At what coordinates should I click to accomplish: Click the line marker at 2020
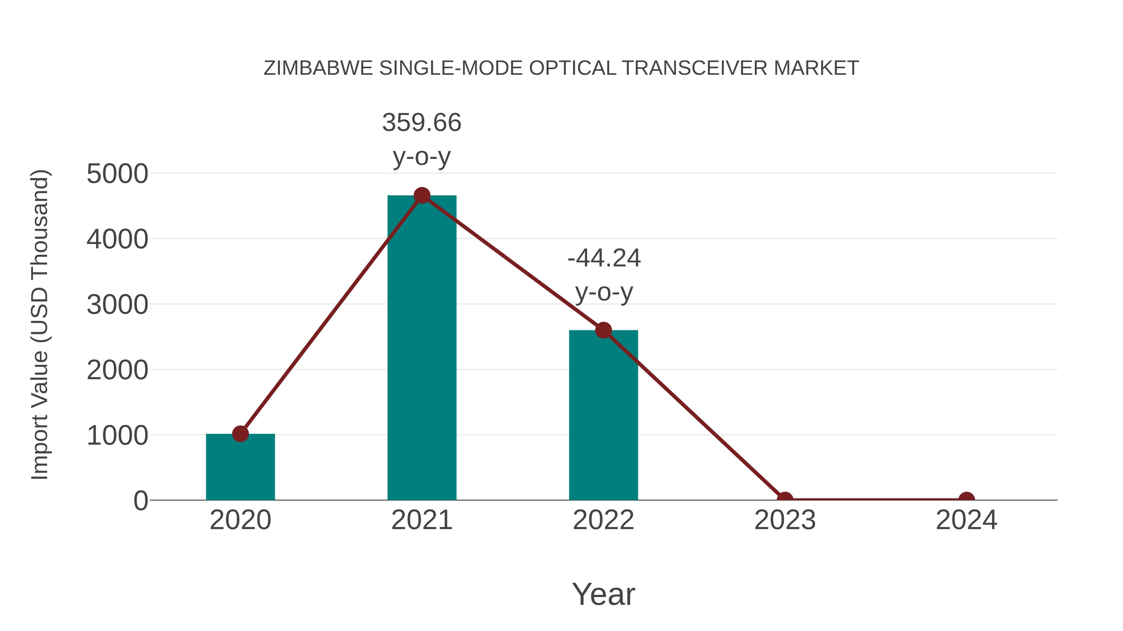[240, 434]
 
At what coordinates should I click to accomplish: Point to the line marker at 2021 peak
[421, 195]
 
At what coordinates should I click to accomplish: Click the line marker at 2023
[785, 499]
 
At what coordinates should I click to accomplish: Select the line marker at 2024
[966, 499]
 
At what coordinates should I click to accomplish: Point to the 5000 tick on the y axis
[117, 174]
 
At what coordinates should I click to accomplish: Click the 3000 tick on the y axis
[117, 304]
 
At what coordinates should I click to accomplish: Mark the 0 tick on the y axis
[141, 500]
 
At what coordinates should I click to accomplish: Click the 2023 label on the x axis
[785, 520]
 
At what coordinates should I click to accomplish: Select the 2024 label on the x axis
[966, 520]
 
